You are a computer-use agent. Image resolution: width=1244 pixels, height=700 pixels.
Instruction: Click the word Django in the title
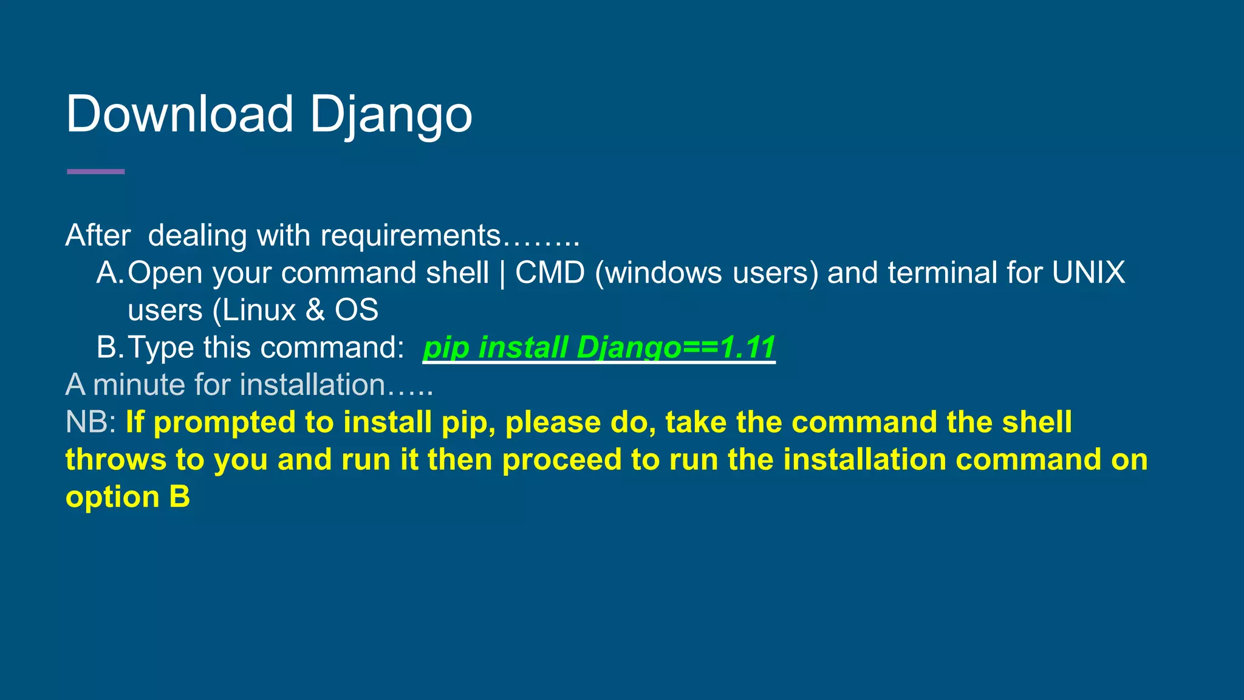pyautogui.click(x=391, y=115)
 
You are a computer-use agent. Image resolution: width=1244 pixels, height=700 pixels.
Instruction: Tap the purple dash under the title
pyautogui.click(x=95, y=172)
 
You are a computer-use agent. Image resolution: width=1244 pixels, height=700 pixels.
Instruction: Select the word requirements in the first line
pyautogui.click(x=410, y=235)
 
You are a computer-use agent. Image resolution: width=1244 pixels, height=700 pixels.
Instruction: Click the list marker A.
pyautogui.click(x=110, y=273)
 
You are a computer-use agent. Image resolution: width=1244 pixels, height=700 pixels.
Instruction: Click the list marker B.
pyautogui.click(x=110, y=348)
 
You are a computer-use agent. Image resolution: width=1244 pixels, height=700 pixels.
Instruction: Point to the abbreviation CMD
pyautogui.click(x=550, y=273)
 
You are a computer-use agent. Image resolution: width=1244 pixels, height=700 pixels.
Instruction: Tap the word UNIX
pyautogui.click(x=1088, y=273)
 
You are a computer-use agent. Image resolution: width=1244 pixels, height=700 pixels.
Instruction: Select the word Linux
pyautogui.click(x=259, y=311)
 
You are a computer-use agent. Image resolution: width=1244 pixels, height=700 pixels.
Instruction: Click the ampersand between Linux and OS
pyautogui.click(x=315, y=311)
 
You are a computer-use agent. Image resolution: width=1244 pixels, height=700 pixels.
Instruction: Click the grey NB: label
pyautogui.click(x=91, y=422)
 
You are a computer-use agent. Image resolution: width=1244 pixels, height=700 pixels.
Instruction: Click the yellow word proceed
pyautogui.click(x=561, y=460)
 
